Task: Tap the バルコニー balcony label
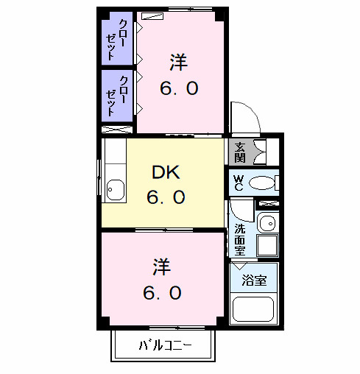[164, 345]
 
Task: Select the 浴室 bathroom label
[255, 280]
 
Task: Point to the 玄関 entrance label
[240, 152]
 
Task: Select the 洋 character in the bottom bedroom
[163, 264]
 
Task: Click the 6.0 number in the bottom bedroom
[163, 292]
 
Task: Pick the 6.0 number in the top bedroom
[179, 89]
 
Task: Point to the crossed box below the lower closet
[118, 129]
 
